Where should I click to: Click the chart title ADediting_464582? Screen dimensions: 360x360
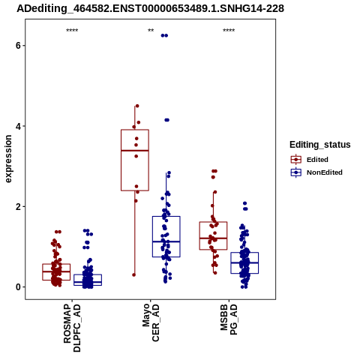coord(151,9)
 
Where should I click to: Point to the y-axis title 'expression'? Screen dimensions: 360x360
coord(8,159)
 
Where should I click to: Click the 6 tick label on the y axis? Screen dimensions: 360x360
coord(18,46)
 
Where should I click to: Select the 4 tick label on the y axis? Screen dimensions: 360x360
coord(18,126)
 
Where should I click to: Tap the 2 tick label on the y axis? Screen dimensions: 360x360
coord(18,207)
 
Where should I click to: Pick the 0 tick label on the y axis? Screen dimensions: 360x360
coord(18,287)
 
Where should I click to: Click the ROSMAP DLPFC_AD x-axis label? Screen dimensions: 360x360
coord(72,328)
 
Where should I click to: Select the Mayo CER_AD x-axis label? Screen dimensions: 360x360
coord(151,322)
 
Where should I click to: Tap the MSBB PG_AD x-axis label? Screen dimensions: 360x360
coord(229,319)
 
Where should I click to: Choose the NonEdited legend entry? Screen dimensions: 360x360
coord(316,172)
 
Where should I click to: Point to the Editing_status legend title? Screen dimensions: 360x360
coord(320,145)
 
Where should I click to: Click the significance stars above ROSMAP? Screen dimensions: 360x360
coord(72,31)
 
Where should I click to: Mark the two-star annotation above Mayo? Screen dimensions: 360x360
coord(151,31)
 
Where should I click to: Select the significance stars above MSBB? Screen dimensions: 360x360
coord(229,31)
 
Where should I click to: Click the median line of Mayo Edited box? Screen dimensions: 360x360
coord(135,151)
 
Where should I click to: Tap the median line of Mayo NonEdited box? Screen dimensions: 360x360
coord(166,241)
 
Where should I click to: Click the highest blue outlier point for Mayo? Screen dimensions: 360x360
coord(164,35)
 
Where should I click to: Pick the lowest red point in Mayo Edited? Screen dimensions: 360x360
coord(133,274)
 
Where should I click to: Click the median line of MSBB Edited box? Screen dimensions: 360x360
coord(213,238)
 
